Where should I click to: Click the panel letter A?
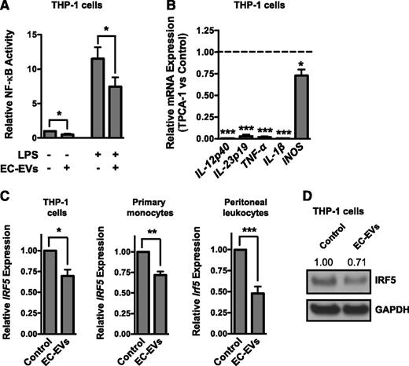(x=8, y=8)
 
